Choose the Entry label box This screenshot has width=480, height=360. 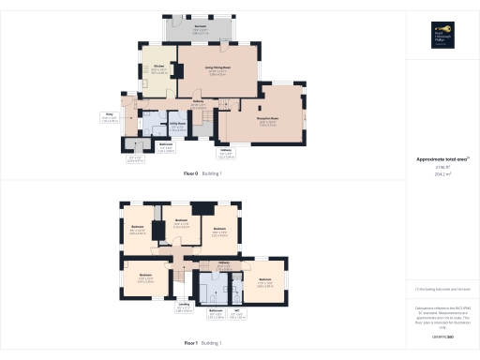109,118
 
